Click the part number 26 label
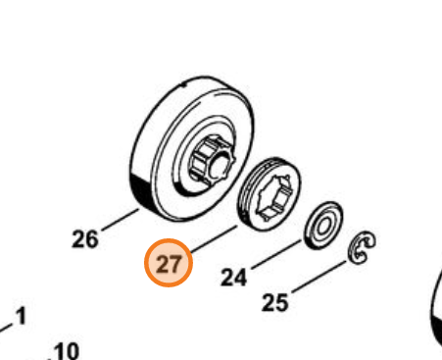[86, 238]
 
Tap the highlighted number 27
[169, 264]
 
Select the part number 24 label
[232, 278]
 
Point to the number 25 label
[276, 302]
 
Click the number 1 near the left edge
[22, 317]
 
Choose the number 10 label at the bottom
[66, 350]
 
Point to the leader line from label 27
[214, 238]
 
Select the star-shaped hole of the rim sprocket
[270, 192]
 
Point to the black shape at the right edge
[435, 314]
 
